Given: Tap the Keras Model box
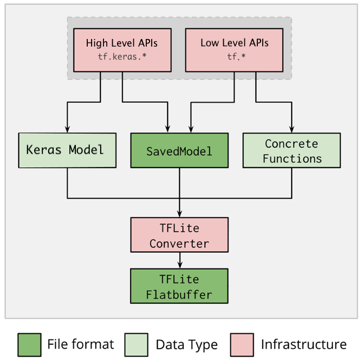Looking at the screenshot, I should pos(67,150).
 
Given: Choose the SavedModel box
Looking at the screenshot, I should pos(179,150).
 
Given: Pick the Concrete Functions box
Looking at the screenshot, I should pos(291,150).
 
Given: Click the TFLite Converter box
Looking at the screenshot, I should pos(179,235).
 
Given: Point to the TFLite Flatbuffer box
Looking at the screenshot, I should pos(179,287).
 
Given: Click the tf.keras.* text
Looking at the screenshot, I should pos(122,56).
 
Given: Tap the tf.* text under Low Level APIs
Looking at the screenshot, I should pos(234,56).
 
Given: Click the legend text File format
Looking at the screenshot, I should pos(80,344).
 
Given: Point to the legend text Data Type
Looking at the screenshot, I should pos(186,344).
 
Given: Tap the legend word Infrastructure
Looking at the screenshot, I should pos(303,344).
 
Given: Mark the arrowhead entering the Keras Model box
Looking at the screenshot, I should pos(67,129).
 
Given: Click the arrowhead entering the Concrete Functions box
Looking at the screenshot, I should pos(291,129).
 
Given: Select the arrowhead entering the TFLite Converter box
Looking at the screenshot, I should pos(179,215).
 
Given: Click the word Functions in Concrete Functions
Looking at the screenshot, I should pos(292,159).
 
